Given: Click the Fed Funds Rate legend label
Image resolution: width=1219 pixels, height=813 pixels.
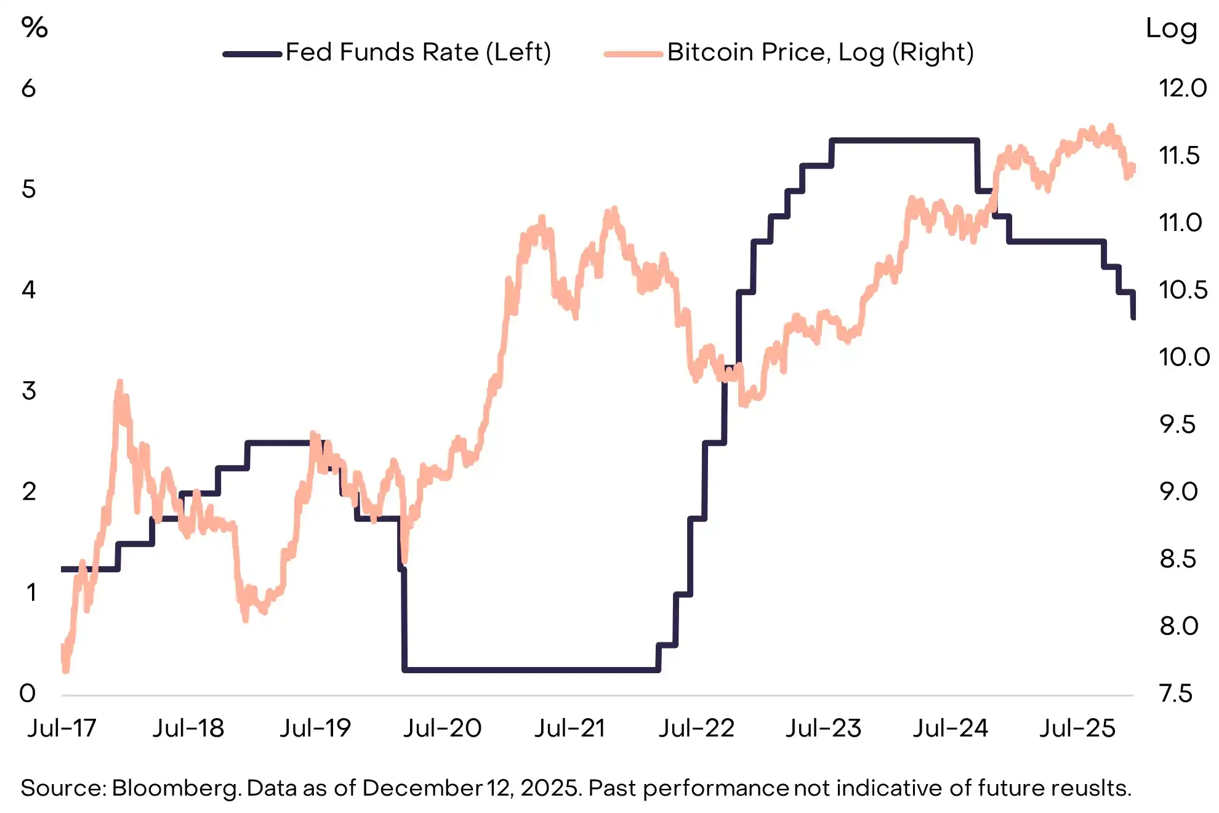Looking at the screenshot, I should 418,52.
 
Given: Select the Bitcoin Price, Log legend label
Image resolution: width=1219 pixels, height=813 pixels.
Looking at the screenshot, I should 820,52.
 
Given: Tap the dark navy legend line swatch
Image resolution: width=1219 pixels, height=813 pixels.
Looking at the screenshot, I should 252,54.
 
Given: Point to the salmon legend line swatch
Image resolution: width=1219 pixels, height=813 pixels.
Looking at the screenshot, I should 634,54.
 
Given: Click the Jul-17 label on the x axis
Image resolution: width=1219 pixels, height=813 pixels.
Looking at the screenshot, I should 62,728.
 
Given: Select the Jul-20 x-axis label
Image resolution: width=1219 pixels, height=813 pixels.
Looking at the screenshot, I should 442,728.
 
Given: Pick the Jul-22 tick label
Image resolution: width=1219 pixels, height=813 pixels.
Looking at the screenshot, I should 696,728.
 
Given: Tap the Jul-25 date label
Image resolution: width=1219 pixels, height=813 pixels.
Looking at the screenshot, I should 1077,728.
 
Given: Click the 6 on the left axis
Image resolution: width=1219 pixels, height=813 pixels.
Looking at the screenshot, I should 28,89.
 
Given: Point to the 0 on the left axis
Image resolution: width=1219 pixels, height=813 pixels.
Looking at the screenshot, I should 28,694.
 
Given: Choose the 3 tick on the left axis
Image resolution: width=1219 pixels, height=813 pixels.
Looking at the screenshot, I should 28,391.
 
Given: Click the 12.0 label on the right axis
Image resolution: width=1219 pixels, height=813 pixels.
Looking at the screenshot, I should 1183,88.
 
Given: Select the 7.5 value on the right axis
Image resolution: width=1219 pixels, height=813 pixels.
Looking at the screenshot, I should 1175,694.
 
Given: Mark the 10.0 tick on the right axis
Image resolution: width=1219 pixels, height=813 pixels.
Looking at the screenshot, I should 1184,357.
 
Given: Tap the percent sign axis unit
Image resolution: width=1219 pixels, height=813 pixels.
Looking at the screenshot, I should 34,28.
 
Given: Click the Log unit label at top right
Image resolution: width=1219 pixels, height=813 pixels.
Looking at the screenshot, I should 1171,29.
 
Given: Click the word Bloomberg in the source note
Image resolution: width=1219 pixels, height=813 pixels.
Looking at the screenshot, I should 176,788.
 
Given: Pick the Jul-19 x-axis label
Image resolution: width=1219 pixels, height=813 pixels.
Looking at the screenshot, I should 315,728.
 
